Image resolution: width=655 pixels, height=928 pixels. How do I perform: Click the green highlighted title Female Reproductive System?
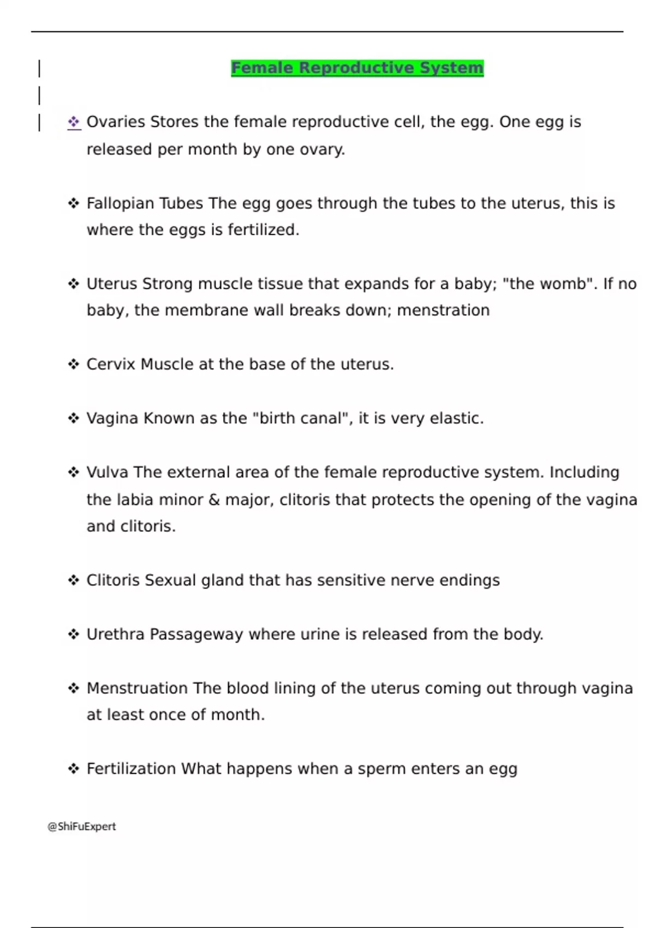click(x=357, y=68)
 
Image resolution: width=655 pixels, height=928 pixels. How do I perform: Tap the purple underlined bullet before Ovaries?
click(x=74, y=122)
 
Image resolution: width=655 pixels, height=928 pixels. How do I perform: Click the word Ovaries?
click(x=115, y=122)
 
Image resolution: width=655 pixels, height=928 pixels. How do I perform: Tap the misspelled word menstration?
click(x=443, y=311)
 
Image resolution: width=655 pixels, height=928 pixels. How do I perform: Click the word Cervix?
click(x=111, y=364)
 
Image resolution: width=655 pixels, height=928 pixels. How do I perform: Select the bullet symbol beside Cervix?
click(x=74, y=364)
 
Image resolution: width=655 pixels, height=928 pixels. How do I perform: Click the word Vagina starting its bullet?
click(x=112, y=419)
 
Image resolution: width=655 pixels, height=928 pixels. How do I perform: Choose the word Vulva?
click(x=108, y=472)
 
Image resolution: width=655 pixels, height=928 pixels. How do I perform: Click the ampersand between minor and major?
click(x=214, y=500)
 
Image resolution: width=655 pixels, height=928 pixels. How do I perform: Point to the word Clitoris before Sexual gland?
click(x=113, y=580)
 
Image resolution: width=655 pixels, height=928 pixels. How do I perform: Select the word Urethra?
click(x=115, y=634)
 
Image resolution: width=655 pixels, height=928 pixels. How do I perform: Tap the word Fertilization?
click(x=131, y=769)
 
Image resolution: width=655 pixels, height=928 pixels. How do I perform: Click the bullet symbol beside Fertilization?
click(x=74, y=769)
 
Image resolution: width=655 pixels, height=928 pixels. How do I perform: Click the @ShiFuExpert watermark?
click(x=82, y=826)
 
